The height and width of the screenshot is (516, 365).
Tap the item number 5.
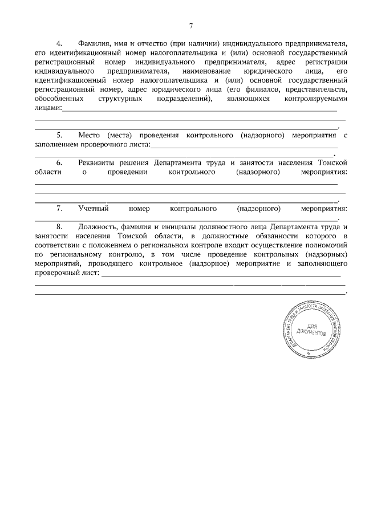point(59,136)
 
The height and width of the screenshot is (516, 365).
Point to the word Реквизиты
point(98,163)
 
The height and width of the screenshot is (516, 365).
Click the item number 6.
point(59,163)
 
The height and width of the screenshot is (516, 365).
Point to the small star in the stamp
point(309,354)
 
